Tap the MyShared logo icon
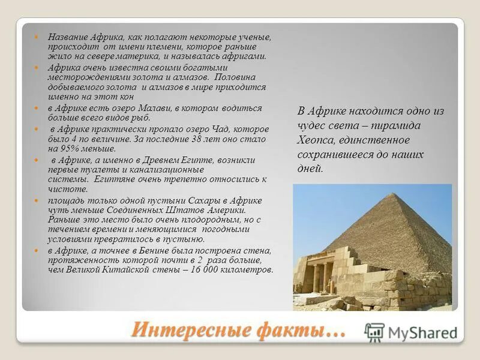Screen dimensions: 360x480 374,332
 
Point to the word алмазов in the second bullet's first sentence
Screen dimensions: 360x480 191,77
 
